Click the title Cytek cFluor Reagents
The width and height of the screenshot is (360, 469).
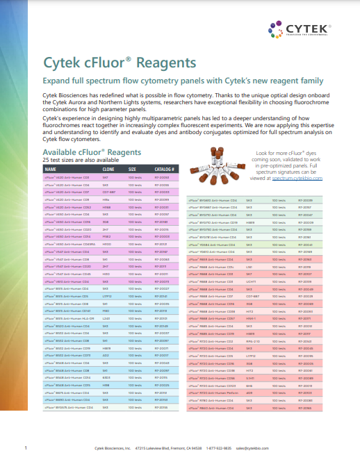point(120,63)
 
